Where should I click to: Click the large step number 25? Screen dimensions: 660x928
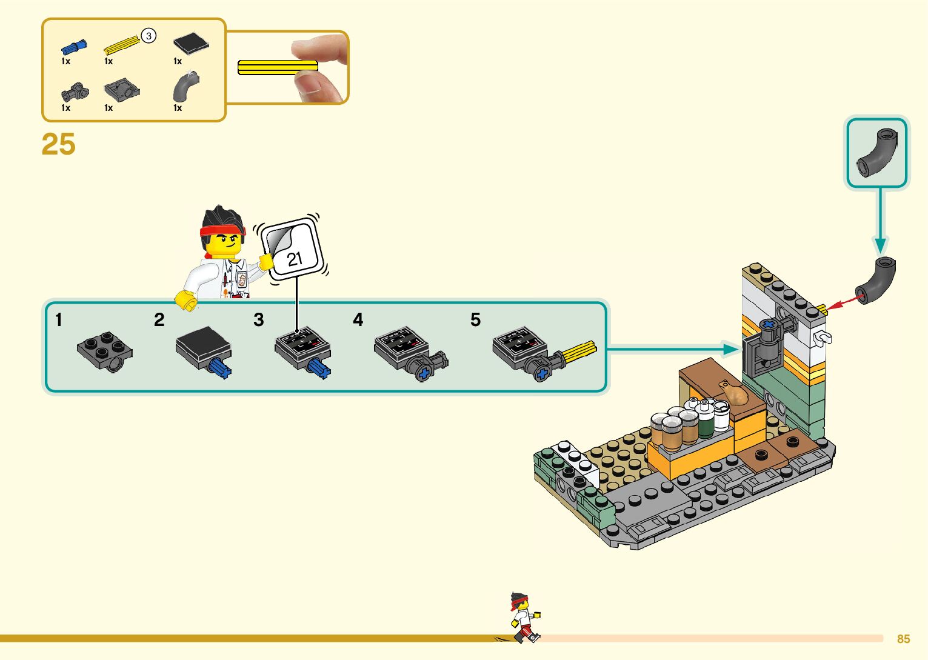pyautogui.click(x=58, y=144)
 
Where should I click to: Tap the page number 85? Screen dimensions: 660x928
pyautogui.click(x=903, y=639)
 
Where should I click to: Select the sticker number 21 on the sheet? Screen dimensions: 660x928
pyautogui.click(x=294, y=259)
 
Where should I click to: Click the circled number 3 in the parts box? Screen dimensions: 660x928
pyautogui.click(x=149, y=36)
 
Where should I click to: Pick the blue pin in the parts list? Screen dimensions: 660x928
pyautogui.click(x=73, y=46)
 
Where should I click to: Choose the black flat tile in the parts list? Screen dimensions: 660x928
pyautogui.click(x=191, y=43)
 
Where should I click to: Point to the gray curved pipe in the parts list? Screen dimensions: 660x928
pyautogui.click(x=185, y=87)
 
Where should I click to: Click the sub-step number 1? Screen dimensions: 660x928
pyautogui.click(x=59, y=319)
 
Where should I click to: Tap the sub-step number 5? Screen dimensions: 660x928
pyautogui.click(x=475, y=319)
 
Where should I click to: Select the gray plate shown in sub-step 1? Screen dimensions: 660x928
pyautogui.click(x=105, y=350)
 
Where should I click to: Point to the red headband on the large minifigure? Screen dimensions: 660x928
pyautogui.click(x=222, y=231)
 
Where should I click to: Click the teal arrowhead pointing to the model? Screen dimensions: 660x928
pyautogui.click(x=731, y=348)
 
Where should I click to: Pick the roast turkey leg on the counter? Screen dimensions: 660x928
pyautogui.click(x=735, y=394)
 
